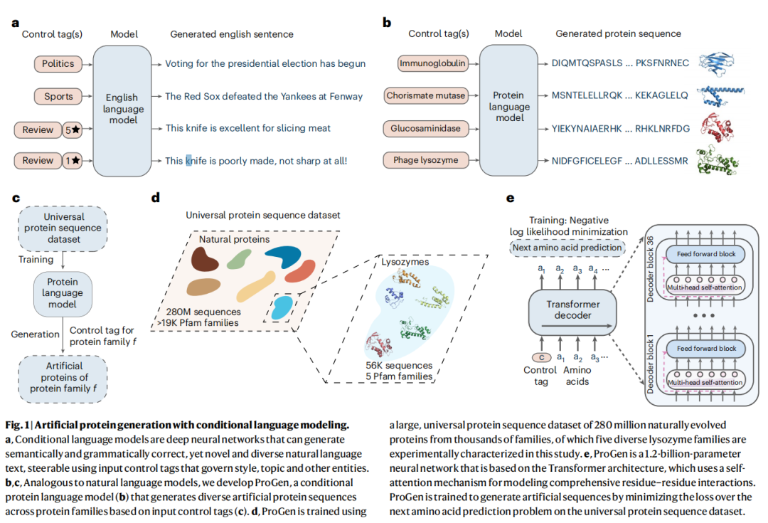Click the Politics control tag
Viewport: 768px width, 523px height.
[58, 64]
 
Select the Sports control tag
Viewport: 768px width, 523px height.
[58, 97]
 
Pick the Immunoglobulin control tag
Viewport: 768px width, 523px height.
[432, 64]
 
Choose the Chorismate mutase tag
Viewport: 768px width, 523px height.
[425, 95]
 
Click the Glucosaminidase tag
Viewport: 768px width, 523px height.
[425, 129]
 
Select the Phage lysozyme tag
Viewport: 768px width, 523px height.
[425, 160]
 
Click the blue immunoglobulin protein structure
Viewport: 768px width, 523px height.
[716, 63]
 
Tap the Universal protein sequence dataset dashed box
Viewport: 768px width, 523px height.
[63, 228]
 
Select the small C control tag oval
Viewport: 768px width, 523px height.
[542, 356]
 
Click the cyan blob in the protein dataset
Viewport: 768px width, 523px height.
[283, 308]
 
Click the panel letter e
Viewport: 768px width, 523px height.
[511, 199]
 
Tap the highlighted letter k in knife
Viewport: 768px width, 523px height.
[188, 161]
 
